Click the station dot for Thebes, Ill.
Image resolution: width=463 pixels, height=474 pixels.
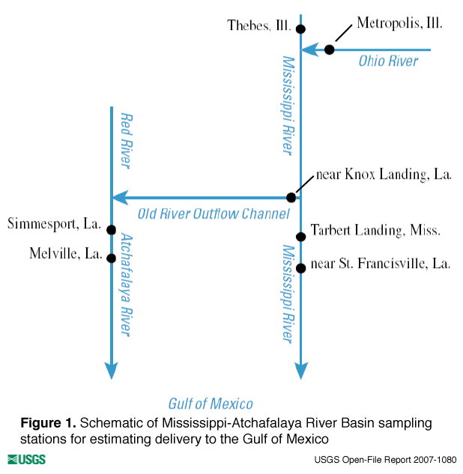tap(300, 29)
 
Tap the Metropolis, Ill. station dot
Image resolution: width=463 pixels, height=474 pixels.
tap(329, 50)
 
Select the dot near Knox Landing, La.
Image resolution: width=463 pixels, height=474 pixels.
tap(291, 198)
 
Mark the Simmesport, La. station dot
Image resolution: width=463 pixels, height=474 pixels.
tap(111, 230)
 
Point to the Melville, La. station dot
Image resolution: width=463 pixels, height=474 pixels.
tap(111, 258)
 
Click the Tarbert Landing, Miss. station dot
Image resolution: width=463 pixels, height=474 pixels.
tap(300, 237)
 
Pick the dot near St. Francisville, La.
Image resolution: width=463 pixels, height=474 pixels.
tap(300, 267)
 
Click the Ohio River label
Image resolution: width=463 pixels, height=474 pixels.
tap(388, 61)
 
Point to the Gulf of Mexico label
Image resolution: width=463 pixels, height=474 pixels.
tap(211, 403)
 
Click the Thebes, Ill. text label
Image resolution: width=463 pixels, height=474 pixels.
tap(259, 26)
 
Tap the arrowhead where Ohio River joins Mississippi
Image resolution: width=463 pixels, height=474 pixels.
tap(307, 50)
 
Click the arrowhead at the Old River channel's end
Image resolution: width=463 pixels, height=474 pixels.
tap(118, 198)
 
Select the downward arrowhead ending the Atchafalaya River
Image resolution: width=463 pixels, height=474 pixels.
tap(111, 371)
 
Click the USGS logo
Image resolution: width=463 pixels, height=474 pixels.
tap(26, 459)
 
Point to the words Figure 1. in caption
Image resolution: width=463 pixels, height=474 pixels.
tap(48, 423)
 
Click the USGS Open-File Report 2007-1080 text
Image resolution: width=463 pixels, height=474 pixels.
tap(386, 459)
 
